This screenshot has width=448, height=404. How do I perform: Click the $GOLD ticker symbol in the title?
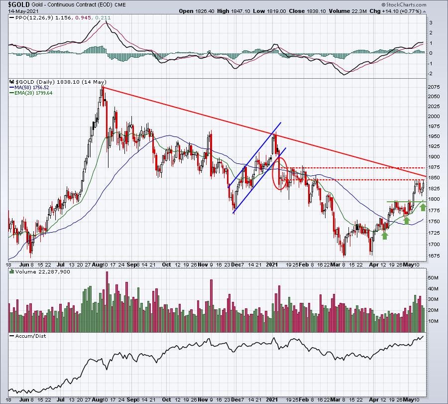(x=19, y=4)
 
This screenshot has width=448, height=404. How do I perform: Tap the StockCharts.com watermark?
(x=404, y=4)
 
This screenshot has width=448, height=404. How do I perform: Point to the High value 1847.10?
(x=241, y=11)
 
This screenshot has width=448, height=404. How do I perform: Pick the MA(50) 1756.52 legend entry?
(x=31, y=88)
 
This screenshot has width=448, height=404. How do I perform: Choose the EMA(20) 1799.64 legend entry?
(x=33, y=93)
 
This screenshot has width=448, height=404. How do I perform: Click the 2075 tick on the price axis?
(x=434, y=87)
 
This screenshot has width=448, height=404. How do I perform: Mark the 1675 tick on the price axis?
(x=434, y=256)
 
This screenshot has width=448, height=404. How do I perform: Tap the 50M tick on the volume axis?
(x=433, y=277)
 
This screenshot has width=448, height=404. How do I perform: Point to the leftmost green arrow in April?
(x=385, y=235)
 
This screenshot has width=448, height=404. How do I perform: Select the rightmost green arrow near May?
(x=423, y=207)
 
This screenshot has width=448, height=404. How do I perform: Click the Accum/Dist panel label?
(x=30, y=336)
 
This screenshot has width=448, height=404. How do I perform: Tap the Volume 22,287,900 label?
(x=43, y=271)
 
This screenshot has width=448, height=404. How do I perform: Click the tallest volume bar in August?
(x=107, y=302)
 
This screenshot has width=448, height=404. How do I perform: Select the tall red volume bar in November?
(x=212, y=306)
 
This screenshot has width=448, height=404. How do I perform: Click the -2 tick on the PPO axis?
(x=430, y=74)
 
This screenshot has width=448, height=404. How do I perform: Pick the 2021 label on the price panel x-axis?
(x=272, y=265)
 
